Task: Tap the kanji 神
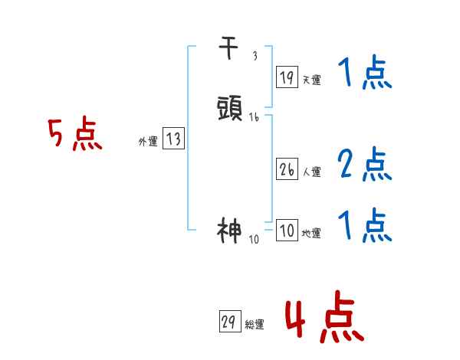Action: pos(230,230)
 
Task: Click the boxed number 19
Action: pos(286,77)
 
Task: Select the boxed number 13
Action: pos(173,139)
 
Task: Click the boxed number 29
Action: pos(228,322)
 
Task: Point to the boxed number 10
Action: pos(286,231)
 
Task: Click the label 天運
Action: pos(311,79)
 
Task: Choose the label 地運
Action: pos(311,233)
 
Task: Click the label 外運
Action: pos(148,141)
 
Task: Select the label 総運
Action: pos(254,325)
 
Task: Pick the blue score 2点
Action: pos(365,164)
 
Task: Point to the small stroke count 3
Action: pos(255,57)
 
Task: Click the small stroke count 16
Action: pos(255,117)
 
